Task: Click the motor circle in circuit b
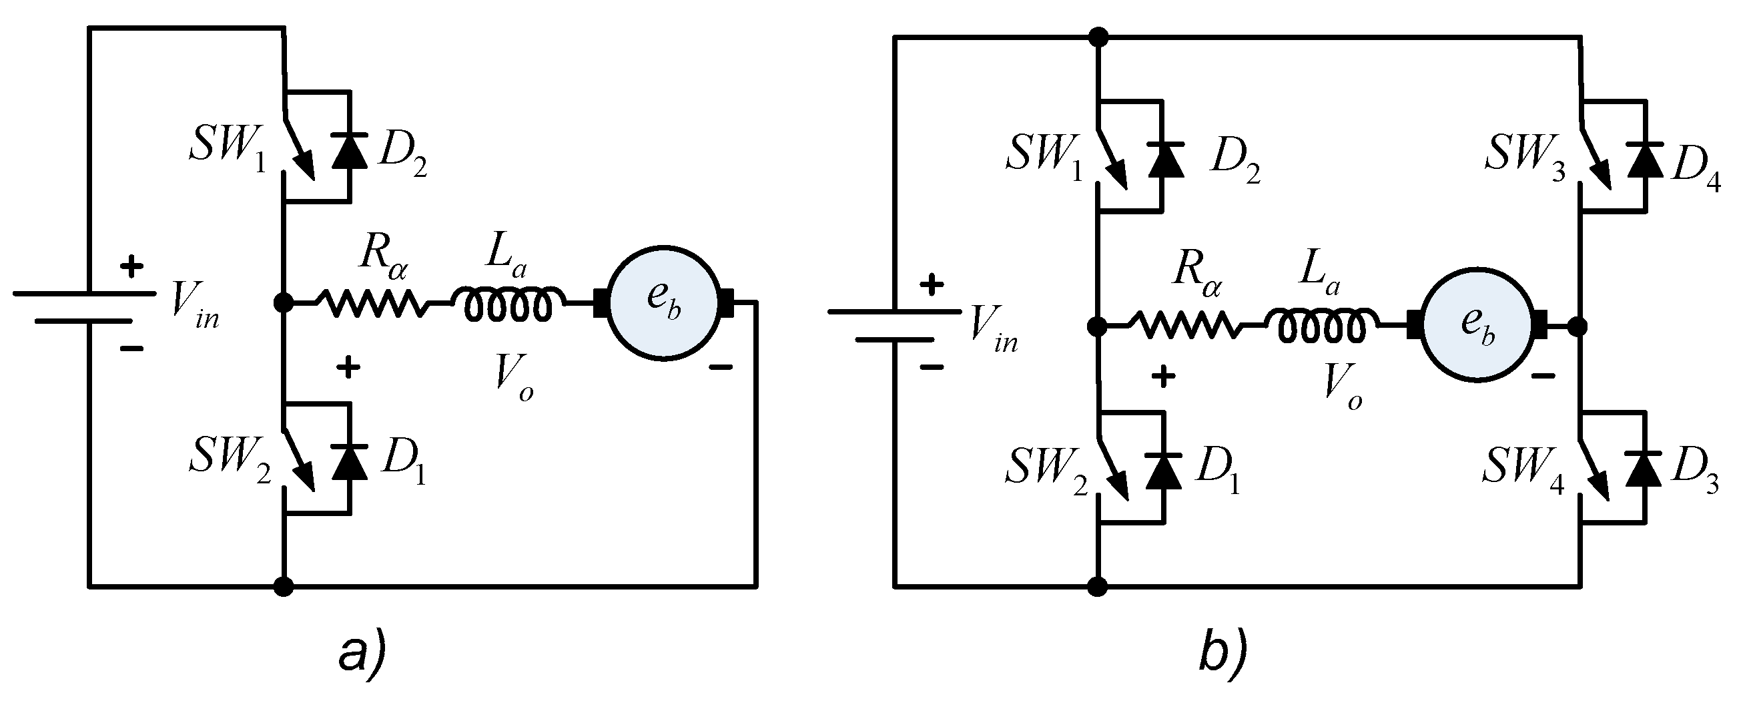[1477, 325]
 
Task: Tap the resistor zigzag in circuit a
[372, 303]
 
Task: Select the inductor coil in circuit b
[1321, 326]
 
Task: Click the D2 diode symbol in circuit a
[350, 151]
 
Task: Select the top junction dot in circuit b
[1097, 37]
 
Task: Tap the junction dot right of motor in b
[1579, 327]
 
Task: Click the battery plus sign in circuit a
[131, 267]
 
